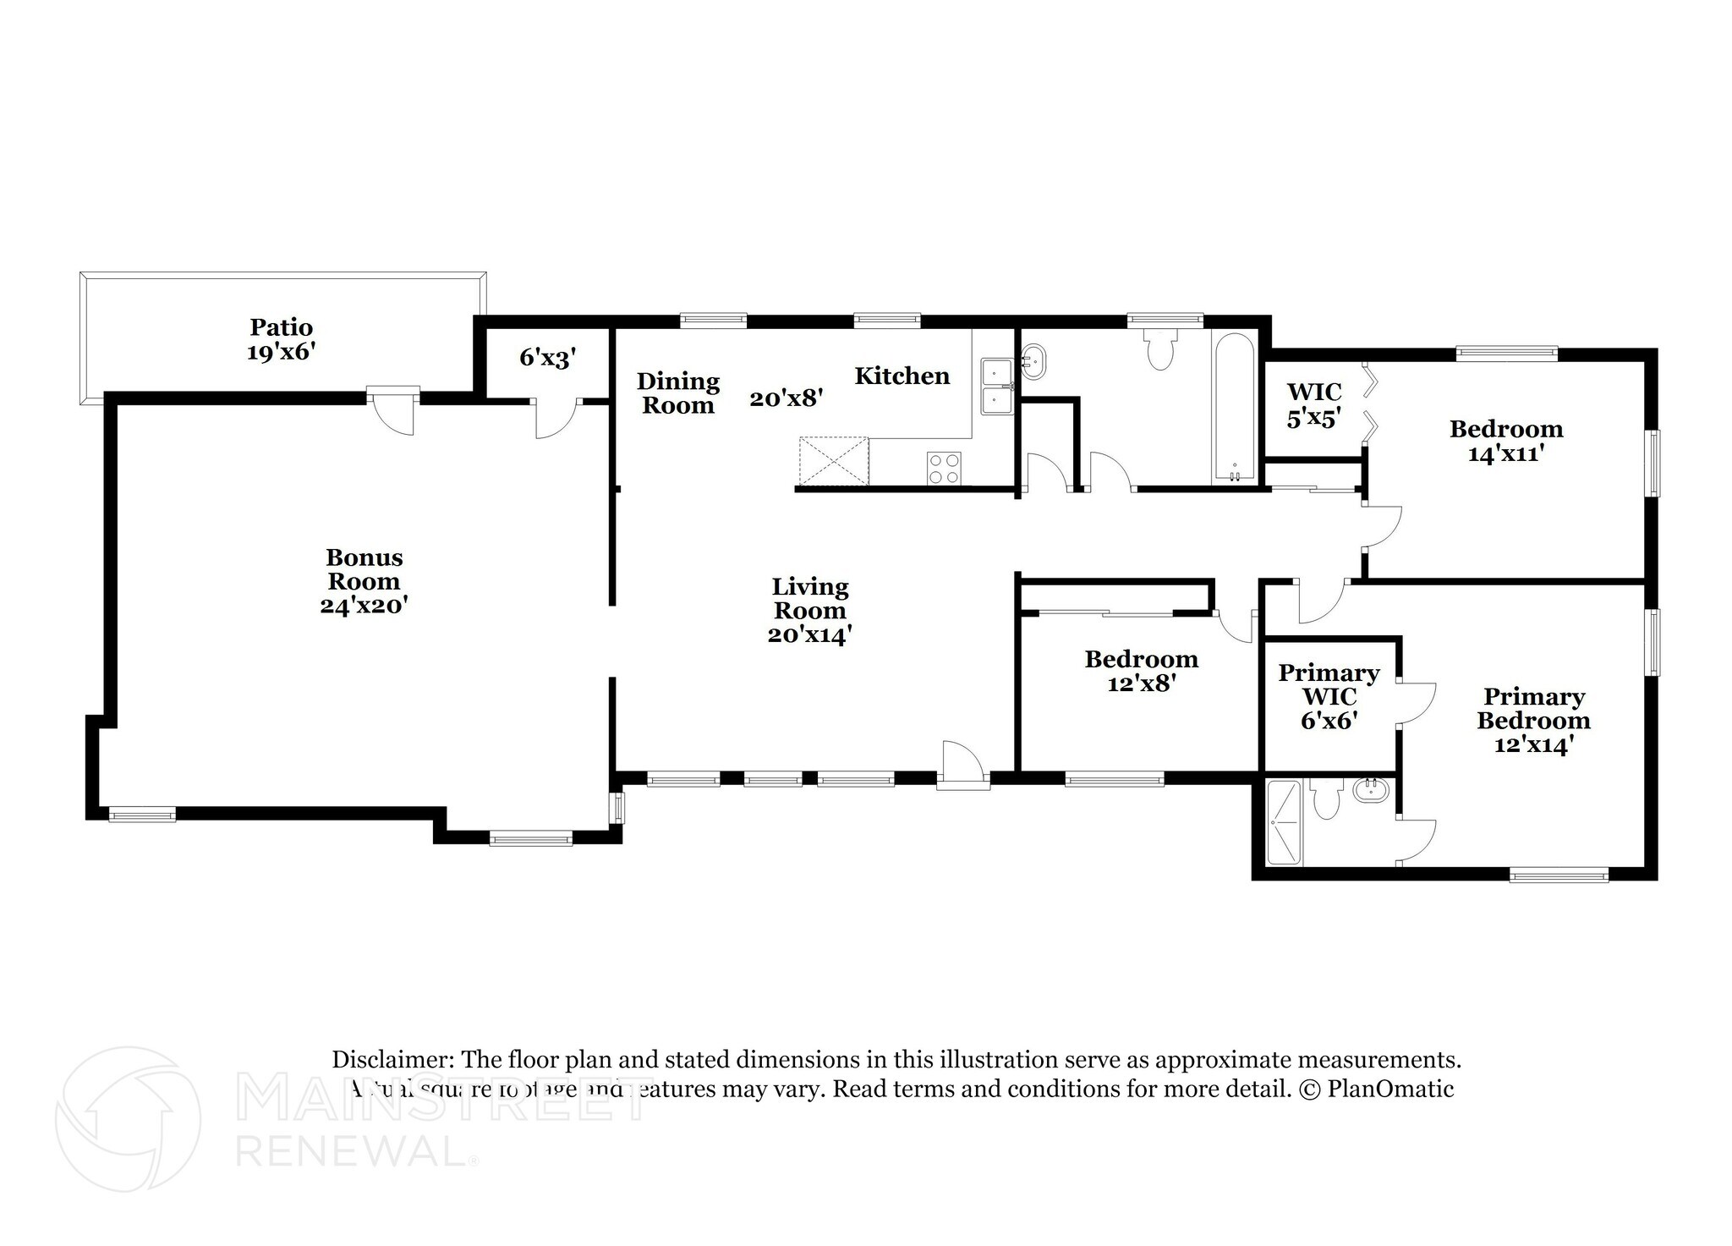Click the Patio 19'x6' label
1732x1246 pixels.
(x=281, y=339)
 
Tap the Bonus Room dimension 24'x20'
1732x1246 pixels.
(x=364, y=606)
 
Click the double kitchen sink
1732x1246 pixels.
(x=998, y=387)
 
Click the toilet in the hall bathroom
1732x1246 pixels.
(x=1159, y=351)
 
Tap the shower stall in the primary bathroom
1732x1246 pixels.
(x=1285, y=822)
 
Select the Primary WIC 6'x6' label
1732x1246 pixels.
(x=1329, y=697)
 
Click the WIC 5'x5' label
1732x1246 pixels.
(x=1313, y=404)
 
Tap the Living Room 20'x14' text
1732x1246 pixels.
(x=809, y=611)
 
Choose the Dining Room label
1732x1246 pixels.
(x=677, y=393)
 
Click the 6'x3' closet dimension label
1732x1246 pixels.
(x=547, y=358)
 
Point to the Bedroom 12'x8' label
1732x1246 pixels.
(x=1141, y=671)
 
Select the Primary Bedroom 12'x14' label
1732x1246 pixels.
(x=1533, y=721)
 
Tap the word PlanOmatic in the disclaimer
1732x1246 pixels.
(x=1390, y=1089)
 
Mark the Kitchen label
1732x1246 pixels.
(x=902, y=376)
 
